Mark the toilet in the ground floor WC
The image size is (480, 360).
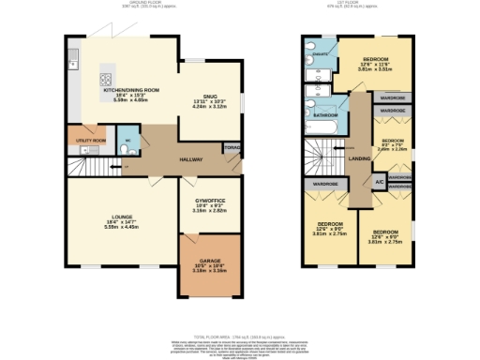pyautogui.click(x=130, y=142)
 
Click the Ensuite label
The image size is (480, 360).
pyautogui.click(x=319, y=56)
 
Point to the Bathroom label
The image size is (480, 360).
pyautogui.click(x=325, y=115)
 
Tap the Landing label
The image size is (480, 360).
pyautogui.click(x=359, y=157)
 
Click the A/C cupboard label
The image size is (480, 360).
pyautogui.click(x=379, y=181)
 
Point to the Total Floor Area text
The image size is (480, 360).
pyautogui.click(x=239, y=335)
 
